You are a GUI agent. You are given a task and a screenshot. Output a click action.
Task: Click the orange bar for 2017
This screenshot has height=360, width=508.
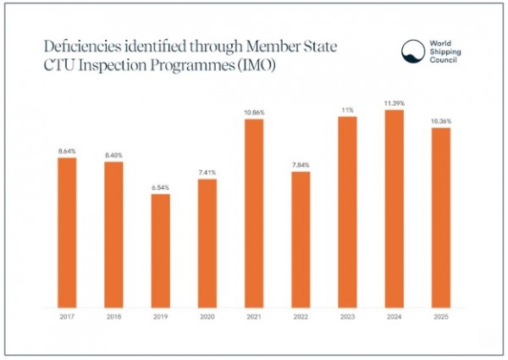[67, 233]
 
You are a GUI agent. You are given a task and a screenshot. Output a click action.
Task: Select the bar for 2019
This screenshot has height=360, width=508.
[161, 251]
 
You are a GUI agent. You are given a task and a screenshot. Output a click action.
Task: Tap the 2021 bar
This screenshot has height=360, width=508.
[254, 213]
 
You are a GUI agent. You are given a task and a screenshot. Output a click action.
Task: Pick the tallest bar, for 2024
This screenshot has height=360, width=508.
[395, 209]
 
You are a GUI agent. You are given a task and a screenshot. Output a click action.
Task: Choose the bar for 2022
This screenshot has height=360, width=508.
[301, 240]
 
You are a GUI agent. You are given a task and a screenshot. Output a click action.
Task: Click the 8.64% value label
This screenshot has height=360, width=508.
[67, 151]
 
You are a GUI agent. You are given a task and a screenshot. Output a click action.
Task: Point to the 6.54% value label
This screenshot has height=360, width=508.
[161, 187]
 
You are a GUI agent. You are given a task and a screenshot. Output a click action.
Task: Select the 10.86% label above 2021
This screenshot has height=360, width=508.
[254, 113]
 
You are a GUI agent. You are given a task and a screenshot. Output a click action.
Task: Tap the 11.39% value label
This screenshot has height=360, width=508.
[395, 103]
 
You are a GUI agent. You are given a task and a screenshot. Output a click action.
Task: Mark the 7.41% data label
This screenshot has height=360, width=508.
[207, 173]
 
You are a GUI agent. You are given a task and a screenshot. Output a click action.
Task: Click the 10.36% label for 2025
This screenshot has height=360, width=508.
[441, 121]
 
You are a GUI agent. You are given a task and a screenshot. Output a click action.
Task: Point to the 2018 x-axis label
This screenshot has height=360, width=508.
[113, 317]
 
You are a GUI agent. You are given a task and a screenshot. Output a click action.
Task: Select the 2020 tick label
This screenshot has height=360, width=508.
[207, 317]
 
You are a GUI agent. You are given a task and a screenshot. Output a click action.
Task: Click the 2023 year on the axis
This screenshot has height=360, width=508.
[347, 317]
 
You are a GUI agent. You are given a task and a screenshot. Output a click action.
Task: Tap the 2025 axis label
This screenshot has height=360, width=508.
[441, 317]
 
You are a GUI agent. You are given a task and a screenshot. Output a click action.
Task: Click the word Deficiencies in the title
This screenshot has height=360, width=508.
[83, 47]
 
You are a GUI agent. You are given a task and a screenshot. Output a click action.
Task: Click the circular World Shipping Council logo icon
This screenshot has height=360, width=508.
[413, 51]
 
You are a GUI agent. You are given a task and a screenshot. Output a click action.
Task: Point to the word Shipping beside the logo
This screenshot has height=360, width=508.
[445, 52]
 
